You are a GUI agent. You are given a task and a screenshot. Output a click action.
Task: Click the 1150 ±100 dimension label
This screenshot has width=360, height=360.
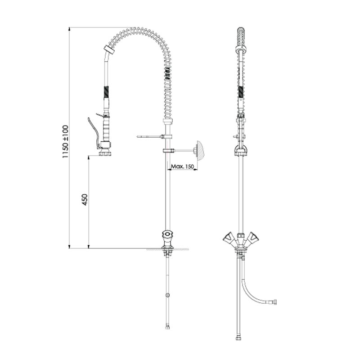[65, 142]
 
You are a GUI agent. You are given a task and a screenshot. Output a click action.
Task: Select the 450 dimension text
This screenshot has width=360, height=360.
[85, 200]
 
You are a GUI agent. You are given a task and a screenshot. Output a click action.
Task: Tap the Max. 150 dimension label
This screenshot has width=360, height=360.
[183, 166]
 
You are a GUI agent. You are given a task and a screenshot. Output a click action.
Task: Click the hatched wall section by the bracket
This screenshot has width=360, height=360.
[200, 150]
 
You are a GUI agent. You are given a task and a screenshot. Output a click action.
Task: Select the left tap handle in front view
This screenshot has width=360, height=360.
[228, 238]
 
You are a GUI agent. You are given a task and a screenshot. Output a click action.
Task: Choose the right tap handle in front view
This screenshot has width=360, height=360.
[252, 238]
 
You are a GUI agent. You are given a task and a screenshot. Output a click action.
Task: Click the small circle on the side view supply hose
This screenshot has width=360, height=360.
[167, 295]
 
